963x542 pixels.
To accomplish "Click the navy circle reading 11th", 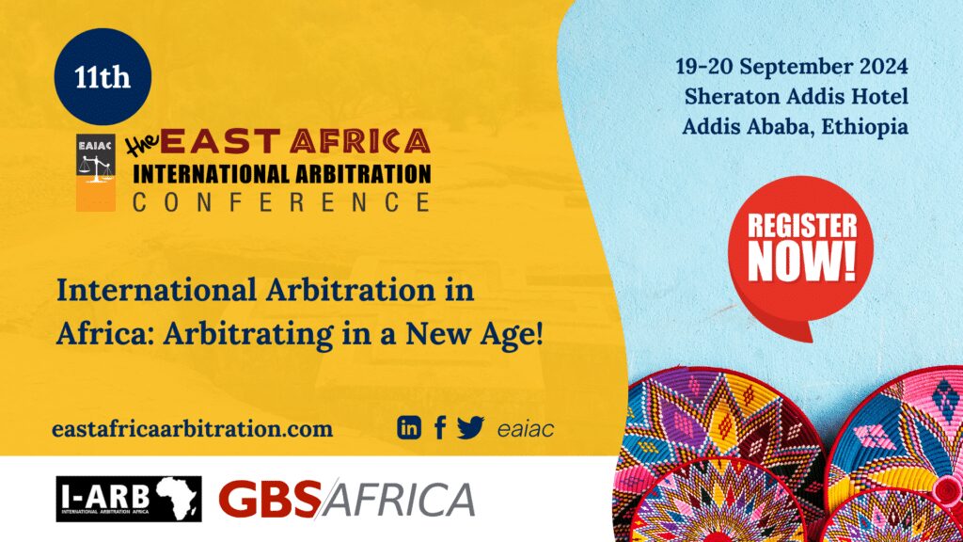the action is click(103, 77).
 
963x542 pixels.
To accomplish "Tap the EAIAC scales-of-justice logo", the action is click(96, 173).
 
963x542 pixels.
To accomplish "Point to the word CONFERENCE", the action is click(282, 202).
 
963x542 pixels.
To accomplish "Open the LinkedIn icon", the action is click(409, 427).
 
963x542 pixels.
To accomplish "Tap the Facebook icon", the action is click(440, 428).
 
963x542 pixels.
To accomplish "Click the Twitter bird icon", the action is click(470, 427).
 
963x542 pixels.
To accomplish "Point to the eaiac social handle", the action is click(526, 429).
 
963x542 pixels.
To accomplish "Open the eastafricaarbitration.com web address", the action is click(192, 428).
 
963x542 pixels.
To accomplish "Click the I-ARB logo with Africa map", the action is click(129, 499).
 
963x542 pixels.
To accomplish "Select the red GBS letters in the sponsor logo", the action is click(270, 499).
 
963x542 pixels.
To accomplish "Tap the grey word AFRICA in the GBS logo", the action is click(399, 499).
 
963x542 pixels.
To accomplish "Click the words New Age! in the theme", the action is click(475, 335).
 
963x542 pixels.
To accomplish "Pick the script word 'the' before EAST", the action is click(143, 143).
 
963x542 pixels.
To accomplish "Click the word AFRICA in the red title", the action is click(360, 141).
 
